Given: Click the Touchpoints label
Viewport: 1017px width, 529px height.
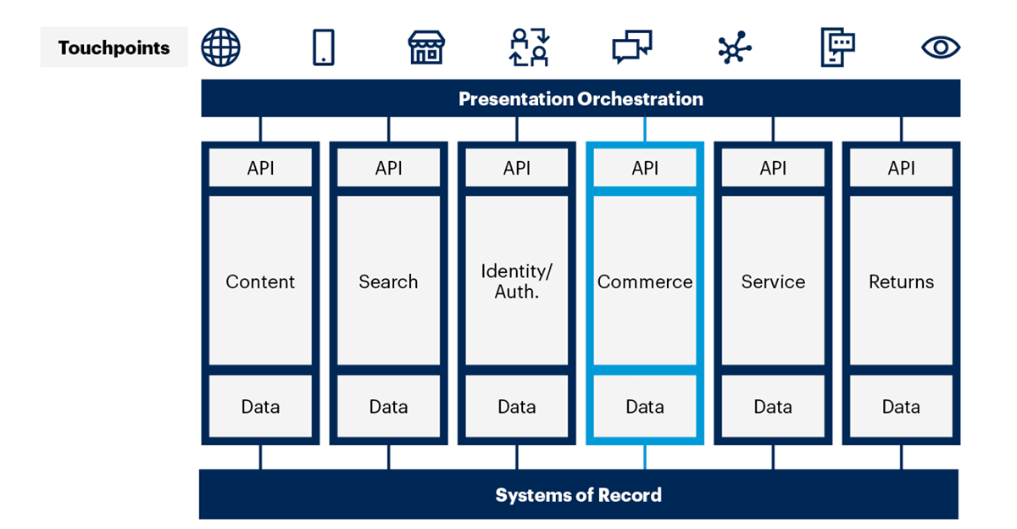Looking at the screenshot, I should pyautogui.click(x=114, y=48).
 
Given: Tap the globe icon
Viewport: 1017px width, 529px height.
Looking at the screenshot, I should pyautogui.click(x=220, y=47).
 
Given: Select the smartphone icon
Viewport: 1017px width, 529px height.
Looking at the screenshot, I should pyautogui.click(x=323, y=47).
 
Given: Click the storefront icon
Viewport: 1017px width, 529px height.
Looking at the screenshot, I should pyautogui.click(x=426, y=47).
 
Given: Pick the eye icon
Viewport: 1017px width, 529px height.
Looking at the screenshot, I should pyautogui.click(x=940, y=47).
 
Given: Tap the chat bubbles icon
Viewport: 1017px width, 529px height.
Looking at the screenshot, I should pyautogui.click(x=632, y=47).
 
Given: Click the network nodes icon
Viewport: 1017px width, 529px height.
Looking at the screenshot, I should pyautogui.click(x=734, y=47).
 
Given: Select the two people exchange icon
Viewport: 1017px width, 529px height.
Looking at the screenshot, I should pyautogui.click(x=530, y=47).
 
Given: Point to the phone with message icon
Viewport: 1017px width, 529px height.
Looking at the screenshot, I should pyautogui.click(x=837, y=47).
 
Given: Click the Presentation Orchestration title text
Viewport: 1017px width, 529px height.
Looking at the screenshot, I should pyautogui.click(x=581, y=99).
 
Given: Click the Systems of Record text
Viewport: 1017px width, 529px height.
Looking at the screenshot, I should pyautogui.click(x=578, y=495).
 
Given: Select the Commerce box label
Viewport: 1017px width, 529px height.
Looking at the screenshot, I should pyautogui.click(x=645, y=282).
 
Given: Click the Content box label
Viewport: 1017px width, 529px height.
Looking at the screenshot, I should pyautogui.click(x=260, y=282).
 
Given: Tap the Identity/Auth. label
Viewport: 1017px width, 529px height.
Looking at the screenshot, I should pyautogui.click(x=516, y=282).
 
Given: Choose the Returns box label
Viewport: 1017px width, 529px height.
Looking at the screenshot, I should pyautogui.click(x=901, y=282).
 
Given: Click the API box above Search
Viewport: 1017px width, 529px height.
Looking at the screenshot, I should pyautogui.click(x=388, y=169).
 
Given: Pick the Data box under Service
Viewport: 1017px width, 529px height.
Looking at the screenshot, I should pyautogui.click(x=773, y=407).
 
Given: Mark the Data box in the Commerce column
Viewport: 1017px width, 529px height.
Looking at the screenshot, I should pyautogui.click(x=645, y=407).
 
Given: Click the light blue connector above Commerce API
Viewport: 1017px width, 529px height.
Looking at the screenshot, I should pyautogui.click(x=645, y=129).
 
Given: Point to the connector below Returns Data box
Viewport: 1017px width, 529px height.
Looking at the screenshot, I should pyautogui.click(x=901, y=457).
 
